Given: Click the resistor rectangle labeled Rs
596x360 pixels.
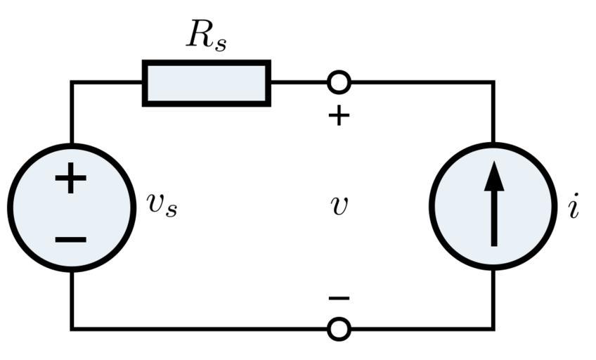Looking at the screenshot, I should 206,83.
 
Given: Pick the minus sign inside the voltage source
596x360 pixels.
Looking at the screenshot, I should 70,240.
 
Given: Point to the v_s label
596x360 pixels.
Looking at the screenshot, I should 162,205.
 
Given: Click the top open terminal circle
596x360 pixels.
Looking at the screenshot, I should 339,82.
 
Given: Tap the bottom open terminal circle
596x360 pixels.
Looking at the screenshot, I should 339,328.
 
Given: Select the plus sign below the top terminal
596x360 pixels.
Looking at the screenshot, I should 339,115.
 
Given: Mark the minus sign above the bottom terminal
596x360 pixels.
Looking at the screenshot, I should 339,299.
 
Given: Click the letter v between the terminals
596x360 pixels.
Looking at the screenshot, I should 339,205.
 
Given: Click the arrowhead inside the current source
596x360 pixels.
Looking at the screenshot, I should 494,176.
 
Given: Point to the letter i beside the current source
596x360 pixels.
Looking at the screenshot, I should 574,207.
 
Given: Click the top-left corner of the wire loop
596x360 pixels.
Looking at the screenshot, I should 72,83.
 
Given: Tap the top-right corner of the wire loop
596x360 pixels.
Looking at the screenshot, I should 493,83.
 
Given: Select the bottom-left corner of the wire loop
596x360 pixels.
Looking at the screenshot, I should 72,328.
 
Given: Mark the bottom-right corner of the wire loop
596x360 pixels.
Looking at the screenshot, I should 493,328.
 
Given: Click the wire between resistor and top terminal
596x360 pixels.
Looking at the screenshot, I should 299,82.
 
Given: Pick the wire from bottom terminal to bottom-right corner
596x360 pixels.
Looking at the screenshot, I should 422,328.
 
